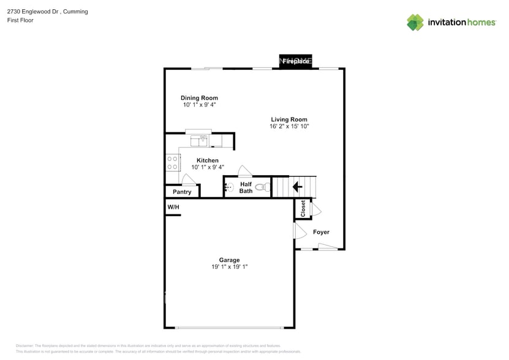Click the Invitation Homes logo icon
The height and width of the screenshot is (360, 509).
coord(415,23)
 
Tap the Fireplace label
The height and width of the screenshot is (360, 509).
coord(296,62)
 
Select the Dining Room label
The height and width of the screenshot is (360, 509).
coord(199,98)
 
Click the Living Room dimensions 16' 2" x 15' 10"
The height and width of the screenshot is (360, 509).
coord(289,127)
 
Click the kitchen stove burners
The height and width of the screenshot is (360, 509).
coord(172,162)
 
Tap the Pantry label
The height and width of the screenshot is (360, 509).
coord(182,192)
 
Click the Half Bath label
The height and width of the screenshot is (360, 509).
coord(246,187)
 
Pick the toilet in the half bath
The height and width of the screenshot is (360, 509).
coord(263,187)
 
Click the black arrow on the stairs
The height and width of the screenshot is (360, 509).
coord(299,187)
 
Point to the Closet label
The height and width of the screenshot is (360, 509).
coord(303,209)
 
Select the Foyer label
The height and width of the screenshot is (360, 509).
coord(321,232)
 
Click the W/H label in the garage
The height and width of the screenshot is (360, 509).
coord(173,208)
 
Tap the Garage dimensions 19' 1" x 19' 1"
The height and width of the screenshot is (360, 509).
coord(230,267)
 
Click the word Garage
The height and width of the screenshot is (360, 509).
coord(230,260)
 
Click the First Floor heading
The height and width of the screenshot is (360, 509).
coord(21,20)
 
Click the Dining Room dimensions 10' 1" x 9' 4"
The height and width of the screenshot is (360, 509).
coord(199,105)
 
